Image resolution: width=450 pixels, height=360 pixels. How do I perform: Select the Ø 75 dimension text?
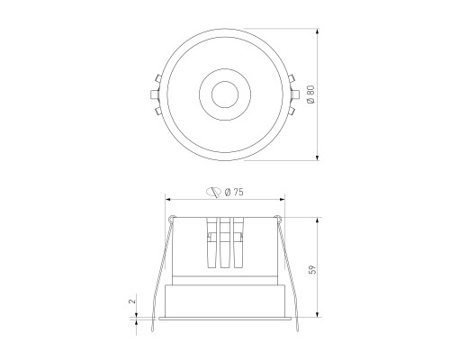(x=237, y=191)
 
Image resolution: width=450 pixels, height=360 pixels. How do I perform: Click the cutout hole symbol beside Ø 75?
(x=214, y=191)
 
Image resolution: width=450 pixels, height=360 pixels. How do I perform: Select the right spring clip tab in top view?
(x=294, y=93)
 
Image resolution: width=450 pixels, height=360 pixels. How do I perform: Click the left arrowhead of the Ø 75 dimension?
(x=169, y=200)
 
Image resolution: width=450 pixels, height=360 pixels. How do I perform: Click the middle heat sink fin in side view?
(x=225, y=243)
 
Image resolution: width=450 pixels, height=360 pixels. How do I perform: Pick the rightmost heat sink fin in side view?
(x=239, y=243)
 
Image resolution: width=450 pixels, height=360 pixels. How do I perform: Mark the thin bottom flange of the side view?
(x=225, y=318)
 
